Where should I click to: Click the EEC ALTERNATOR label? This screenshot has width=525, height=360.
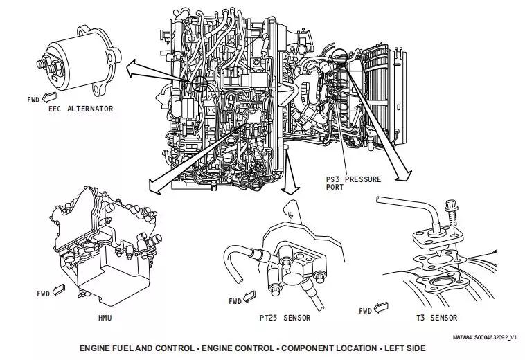tap(81, 109)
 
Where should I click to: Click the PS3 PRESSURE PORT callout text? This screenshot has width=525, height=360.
tap(353, 183)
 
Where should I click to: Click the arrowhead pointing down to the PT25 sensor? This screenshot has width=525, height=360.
tap(290, 190)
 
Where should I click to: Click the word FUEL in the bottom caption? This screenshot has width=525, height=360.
tap(134, 348)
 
